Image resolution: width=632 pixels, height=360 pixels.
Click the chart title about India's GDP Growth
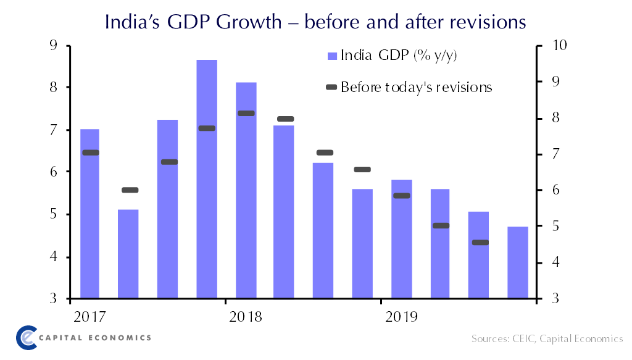pyautogui.click(x=315, y=22)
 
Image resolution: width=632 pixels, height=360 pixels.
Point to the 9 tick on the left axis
pyautogui.click(x=53, y=46)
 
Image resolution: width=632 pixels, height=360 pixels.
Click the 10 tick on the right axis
pyautogui.click(x=554, y=46)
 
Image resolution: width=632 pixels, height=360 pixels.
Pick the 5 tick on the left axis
pyautogui.click(x=53, y=215)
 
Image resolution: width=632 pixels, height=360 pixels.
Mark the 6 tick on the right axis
pyautogui.click(x=551, y=191)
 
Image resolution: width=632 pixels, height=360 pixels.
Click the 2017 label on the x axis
pyautogui.click(x=89, y=317)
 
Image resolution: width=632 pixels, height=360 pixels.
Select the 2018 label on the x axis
pyautogui.click(x=245, y=317)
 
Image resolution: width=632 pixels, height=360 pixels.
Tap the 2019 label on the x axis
pyautogui.click(x=401, y=317)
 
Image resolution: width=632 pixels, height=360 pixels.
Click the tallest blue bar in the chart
pyautogui.click(x=207, y=179)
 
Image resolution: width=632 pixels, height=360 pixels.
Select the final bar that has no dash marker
pyautogui.click(x=518, y=262)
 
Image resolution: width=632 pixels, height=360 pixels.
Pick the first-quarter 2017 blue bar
pyautogui.click(x=90, y=214)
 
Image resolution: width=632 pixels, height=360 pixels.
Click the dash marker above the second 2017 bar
pyautogui.click(x=130, y=190)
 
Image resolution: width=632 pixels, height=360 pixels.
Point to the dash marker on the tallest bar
pyautogui.click(x=207, y=128)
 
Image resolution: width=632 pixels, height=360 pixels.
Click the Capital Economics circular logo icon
pyautogui.click(x=27, y=337)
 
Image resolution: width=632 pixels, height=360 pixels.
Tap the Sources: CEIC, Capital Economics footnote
pyautogui.click(x=547, y=339)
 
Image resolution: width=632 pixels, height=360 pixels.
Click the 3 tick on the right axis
pyautogui.click(x=551, y=299)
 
